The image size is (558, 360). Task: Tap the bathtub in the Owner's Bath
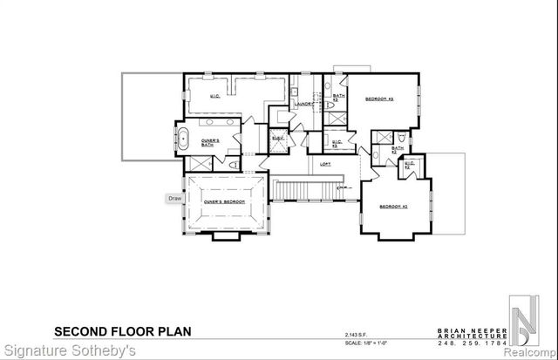[x=184, y=138]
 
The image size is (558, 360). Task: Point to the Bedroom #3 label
[x=381, y=99]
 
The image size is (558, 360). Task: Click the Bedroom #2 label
[x=393, y=206]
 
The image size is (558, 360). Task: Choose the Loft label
[x=325, y=164]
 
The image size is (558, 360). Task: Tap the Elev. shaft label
[x=278, y=139]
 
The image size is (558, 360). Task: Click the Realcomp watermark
[x=529, y=352]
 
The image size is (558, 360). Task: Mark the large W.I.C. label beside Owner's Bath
[x=214, y=96]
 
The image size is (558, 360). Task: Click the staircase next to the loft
[x=303, y=188]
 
